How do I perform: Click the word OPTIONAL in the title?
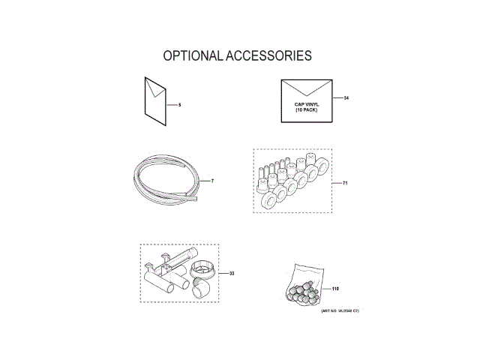click(191, 56)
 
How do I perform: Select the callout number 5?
click(180, 104)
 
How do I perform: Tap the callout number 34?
click(346, 98)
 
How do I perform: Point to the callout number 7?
click(212, 181)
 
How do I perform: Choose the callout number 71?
click(345, 182)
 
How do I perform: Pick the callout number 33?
click(232, 273)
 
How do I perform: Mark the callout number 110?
click(335, 289)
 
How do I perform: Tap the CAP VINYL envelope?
click(308, 100)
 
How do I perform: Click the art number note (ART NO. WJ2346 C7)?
click(340, 310)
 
